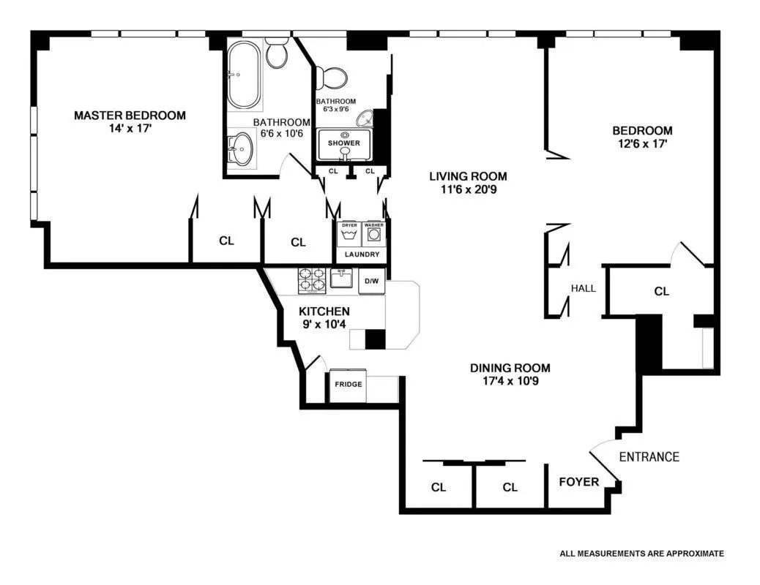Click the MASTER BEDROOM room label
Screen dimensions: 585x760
pyautogui.click(x=130, y=116)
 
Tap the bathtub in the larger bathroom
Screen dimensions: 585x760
pyautogui.click(x=243, y=75)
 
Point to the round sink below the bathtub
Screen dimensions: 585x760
pyautogui.click(x=240, y=151)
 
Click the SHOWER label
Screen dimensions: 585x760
pyautogui.click(x=343, y=143)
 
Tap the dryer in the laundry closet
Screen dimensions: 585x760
pyautogui.click(x=349, y=235)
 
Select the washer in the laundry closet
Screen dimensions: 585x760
pyautogui.click(x=374, y=235)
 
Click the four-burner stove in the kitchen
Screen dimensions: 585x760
pyautogui.click(x=311, y=281)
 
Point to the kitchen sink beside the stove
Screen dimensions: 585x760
pyautogui.click(x=342, y=279)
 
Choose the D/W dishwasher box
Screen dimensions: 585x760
pyautogui.click(x=371, y=282)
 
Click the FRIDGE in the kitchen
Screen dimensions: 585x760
pyautogui.click(x=349, y=385)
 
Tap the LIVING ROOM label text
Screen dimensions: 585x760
pyautogui.click(x=468, y=176)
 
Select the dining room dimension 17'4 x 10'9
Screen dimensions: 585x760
pyautogui.click(x=510, y=381)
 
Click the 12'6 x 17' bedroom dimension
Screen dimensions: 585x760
pyautogui.click(x=642, y=144)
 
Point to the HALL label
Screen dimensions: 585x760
pyautogui.click(x=584, y=288)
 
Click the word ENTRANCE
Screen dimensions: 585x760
pyautogui.click(x=649, y=457)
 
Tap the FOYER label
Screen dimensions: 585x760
pyautogui.click(x=578, y=482)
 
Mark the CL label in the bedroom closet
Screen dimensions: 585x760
pyautogui.click(x=661, y=291)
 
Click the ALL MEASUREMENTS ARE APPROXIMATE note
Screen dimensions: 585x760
pyautogui.click(x=641, y=554)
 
